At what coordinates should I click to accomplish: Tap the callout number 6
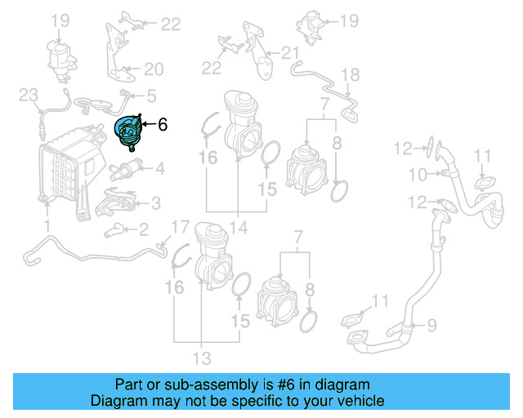click(162, 125)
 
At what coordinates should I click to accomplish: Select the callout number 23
click(29, 96)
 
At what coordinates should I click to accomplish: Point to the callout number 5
click(151, 96)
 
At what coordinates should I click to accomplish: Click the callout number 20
click(154, 69)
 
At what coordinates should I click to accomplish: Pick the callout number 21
click(292, 54)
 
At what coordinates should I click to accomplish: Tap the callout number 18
click(350, 77)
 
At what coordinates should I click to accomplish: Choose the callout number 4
click(160, 170)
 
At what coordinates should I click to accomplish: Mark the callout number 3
click(155, 202)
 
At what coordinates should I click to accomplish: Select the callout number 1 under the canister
click(47, 223)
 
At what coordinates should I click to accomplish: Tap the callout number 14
click(237, 226)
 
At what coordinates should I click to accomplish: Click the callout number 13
click(201, 358)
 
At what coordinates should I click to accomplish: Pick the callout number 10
click(417, 174)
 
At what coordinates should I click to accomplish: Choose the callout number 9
click(431, 325)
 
